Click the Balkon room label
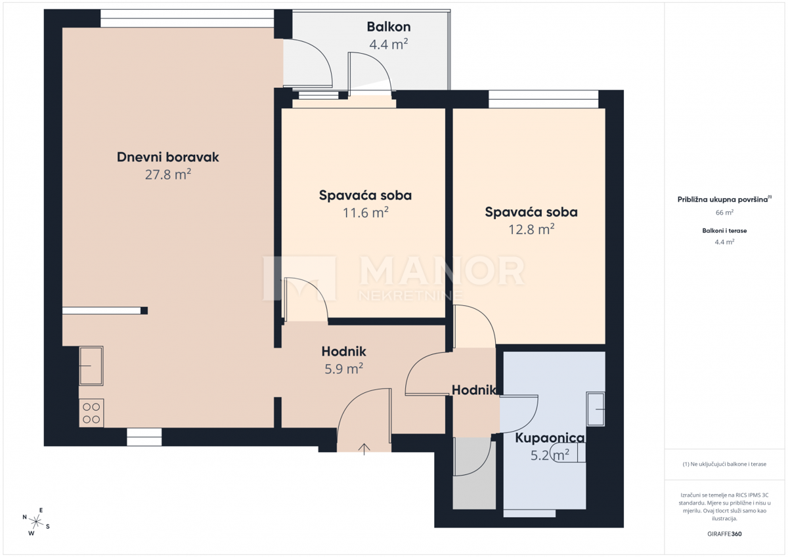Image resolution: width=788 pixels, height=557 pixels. [x=389, y=27]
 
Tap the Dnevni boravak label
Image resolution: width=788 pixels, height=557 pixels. [x=167, y=157]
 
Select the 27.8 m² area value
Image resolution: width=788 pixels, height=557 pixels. [x=167, y=175]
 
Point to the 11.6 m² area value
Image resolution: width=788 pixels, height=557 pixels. [x=365, y=213]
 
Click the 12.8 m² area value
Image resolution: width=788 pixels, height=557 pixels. [x=531, y=229]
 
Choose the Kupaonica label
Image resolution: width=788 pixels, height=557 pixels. [x=550, y=438]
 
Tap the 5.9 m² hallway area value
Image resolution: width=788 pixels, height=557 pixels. [x=344, y=369]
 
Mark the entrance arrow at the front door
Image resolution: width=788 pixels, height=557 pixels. [x=364, y=449]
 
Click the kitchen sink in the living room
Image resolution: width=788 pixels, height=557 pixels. [x=91, y=365]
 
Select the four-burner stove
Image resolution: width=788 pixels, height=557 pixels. [x=91, y=413]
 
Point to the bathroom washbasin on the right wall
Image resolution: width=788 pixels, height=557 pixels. [x=596, y=409]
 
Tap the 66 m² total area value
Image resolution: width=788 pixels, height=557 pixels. [x=724, y=213]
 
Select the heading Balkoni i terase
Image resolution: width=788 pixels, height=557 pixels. [x=724, y=231]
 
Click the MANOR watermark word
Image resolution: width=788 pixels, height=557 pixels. [x=441, y=271]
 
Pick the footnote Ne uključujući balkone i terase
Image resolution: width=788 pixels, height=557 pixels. [x=724, y=464]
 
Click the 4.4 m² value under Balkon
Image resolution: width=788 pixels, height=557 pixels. [x=389, y=45]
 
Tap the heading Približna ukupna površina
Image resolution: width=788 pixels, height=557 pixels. [x=722, y=199]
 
